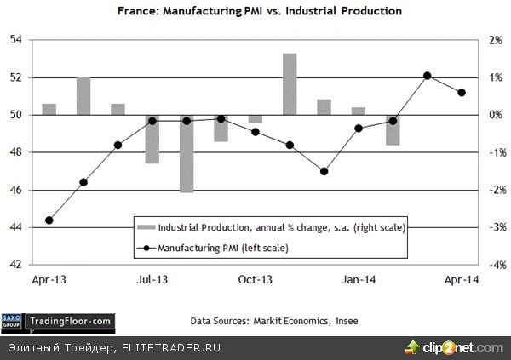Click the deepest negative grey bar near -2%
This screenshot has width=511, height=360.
tap(187, 154)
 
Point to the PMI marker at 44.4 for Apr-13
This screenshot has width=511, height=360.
tap(49, 220)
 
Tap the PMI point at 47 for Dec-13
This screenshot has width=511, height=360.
tap(324, 171)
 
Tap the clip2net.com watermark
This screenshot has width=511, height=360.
tap(464, 347)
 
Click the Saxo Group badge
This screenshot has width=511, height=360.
tap(13, 321)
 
